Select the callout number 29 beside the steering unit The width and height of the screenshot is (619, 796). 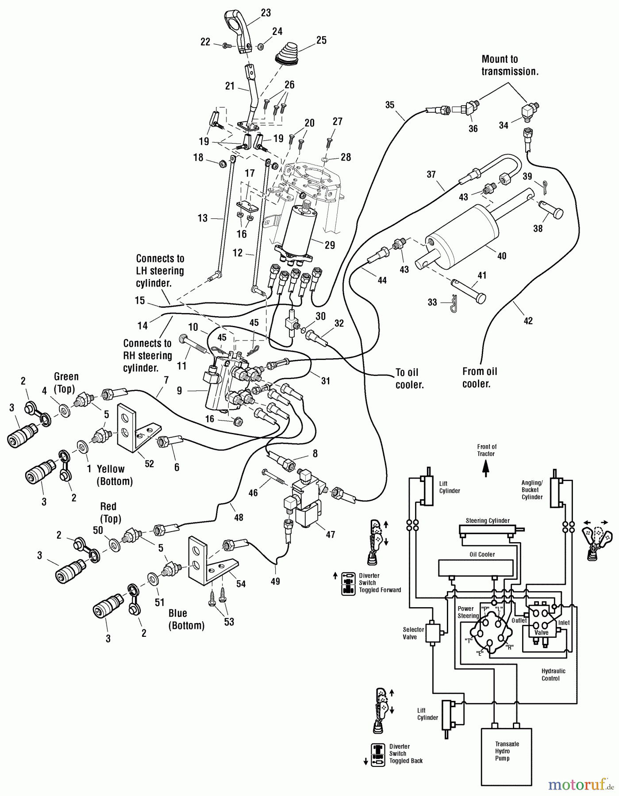pyautogui.click(x=330, y=245)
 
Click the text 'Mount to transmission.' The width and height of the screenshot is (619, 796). pyautogui.click(x=510, y=65)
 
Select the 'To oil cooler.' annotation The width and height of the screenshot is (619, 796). pyautogui.click(x=409, y=379)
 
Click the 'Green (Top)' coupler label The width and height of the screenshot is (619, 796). pyautogui.click(x=66, y=383)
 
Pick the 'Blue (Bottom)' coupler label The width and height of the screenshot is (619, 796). pyautogui.click(x=186, y=619)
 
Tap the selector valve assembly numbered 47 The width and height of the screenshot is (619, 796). pyautogui.click(x=305, y=504)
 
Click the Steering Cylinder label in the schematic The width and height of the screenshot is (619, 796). pyautogui.click(x=487, y=520)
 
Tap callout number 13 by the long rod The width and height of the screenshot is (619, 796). pyautogui.click(x=203, y=218)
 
